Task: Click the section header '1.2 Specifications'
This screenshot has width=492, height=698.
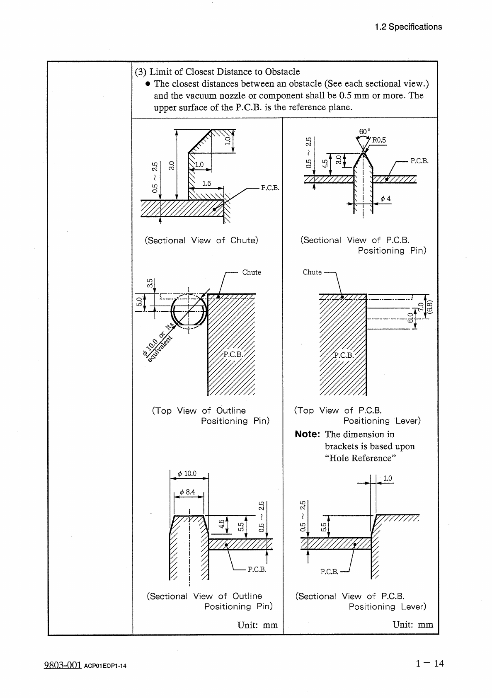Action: click(408, 27)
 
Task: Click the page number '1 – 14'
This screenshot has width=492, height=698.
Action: click(430, 664)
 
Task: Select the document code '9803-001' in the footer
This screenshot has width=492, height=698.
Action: click(62, 665)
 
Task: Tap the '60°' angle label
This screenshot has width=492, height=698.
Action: click(364, 132)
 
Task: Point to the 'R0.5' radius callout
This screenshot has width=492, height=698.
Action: click(379, 140)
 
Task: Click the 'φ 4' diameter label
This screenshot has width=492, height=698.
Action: click(385, 199)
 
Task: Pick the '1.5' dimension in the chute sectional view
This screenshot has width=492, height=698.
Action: click(206, 183)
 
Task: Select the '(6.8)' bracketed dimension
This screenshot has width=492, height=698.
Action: click(430, 308)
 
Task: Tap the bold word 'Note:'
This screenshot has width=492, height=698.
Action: click(307, 434)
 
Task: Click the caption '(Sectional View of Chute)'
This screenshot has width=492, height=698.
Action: click(201, 240)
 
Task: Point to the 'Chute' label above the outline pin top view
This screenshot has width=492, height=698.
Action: click(252, 272)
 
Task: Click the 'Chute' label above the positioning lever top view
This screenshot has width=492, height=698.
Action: click(312, 272)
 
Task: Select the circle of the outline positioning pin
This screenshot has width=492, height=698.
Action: click(189, 311)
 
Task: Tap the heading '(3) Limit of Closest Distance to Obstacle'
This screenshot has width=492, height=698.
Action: click(217, 72)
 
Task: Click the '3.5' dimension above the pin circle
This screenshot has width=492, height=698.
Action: click(150, 283)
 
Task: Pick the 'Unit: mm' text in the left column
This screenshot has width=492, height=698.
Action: click(257, 625)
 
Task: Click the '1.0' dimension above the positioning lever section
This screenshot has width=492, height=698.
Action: click(388, 478)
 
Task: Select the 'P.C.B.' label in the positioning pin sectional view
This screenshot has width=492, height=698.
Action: click(419, 161)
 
